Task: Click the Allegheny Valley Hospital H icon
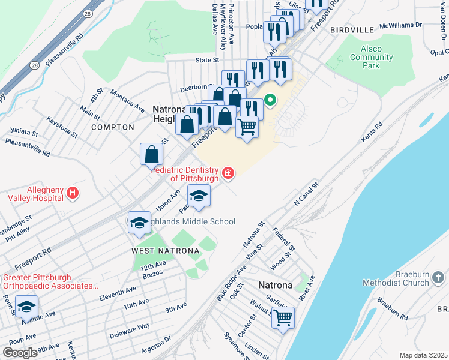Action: (73, 193)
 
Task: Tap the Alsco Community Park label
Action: (371, 58)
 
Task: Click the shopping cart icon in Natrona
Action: (283, 317)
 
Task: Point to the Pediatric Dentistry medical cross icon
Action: (228, 174)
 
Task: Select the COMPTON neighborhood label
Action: (113, 127)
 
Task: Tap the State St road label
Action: (207, 61)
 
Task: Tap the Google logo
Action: (20, 353)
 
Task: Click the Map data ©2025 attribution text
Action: (423, 355)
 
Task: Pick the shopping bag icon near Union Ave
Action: (152, 154)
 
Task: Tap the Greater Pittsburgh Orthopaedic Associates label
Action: (50, 282)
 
